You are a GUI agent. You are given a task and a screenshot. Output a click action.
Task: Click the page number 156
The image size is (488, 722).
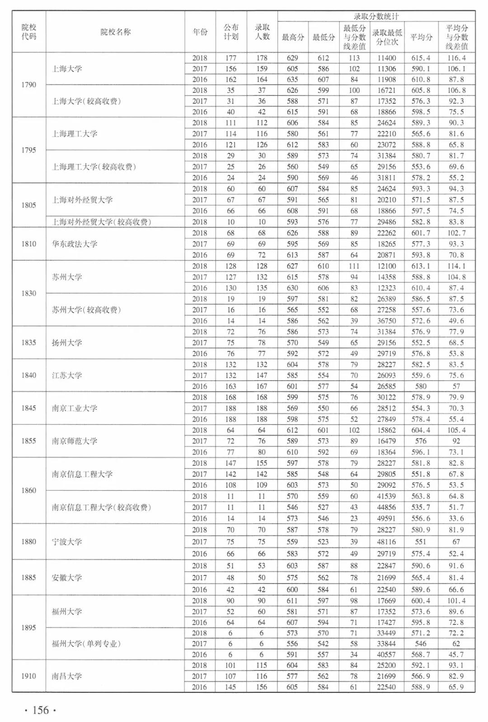point(40,710)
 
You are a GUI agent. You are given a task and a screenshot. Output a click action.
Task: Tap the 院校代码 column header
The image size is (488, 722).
point(29,32)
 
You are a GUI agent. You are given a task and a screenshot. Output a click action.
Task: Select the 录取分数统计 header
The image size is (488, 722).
point(376,16)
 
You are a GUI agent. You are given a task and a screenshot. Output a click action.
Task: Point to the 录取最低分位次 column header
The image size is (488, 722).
point(387,37)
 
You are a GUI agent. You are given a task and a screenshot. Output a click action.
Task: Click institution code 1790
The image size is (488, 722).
point(29,84)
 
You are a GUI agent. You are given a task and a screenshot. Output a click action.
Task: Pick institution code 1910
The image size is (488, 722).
point(29,676)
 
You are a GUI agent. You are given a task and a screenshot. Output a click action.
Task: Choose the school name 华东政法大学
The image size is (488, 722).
point(75,244)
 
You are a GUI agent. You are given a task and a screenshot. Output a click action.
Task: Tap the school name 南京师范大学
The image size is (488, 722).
point(75,441)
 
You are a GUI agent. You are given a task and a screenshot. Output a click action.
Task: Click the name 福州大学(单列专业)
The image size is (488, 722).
point(86,643)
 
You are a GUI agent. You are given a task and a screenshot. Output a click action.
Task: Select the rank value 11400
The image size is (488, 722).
point(387,58)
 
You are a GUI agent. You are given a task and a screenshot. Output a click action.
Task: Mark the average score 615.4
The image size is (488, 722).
point(421,58)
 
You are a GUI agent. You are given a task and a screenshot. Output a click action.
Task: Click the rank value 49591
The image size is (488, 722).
point(387,518)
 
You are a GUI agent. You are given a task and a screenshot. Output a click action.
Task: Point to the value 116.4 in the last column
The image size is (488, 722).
point(456,58)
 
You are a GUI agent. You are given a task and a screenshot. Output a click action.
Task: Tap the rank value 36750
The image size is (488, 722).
point(387,321)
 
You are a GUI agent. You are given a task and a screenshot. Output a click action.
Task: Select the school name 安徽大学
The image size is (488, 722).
point(67,577)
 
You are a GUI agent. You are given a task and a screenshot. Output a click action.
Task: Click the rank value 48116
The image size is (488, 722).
point(387,542)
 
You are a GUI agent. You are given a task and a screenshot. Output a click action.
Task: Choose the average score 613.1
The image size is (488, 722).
point(421,266)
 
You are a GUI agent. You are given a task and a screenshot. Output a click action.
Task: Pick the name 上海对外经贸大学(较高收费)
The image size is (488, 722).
point(101,222)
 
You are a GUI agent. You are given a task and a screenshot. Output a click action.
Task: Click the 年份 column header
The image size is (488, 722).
point(200,32)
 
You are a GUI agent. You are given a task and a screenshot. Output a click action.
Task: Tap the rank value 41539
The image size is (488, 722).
point(387,496)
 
